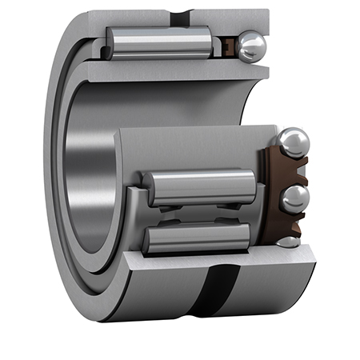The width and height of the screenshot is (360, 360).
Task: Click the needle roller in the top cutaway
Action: (x=160, y=42)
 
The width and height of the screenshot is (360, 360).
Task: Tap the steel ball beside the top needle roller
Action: (x=251, y=46)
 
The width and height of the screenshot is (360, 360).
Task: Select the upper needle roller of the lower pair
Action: (x=200, y=187)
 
